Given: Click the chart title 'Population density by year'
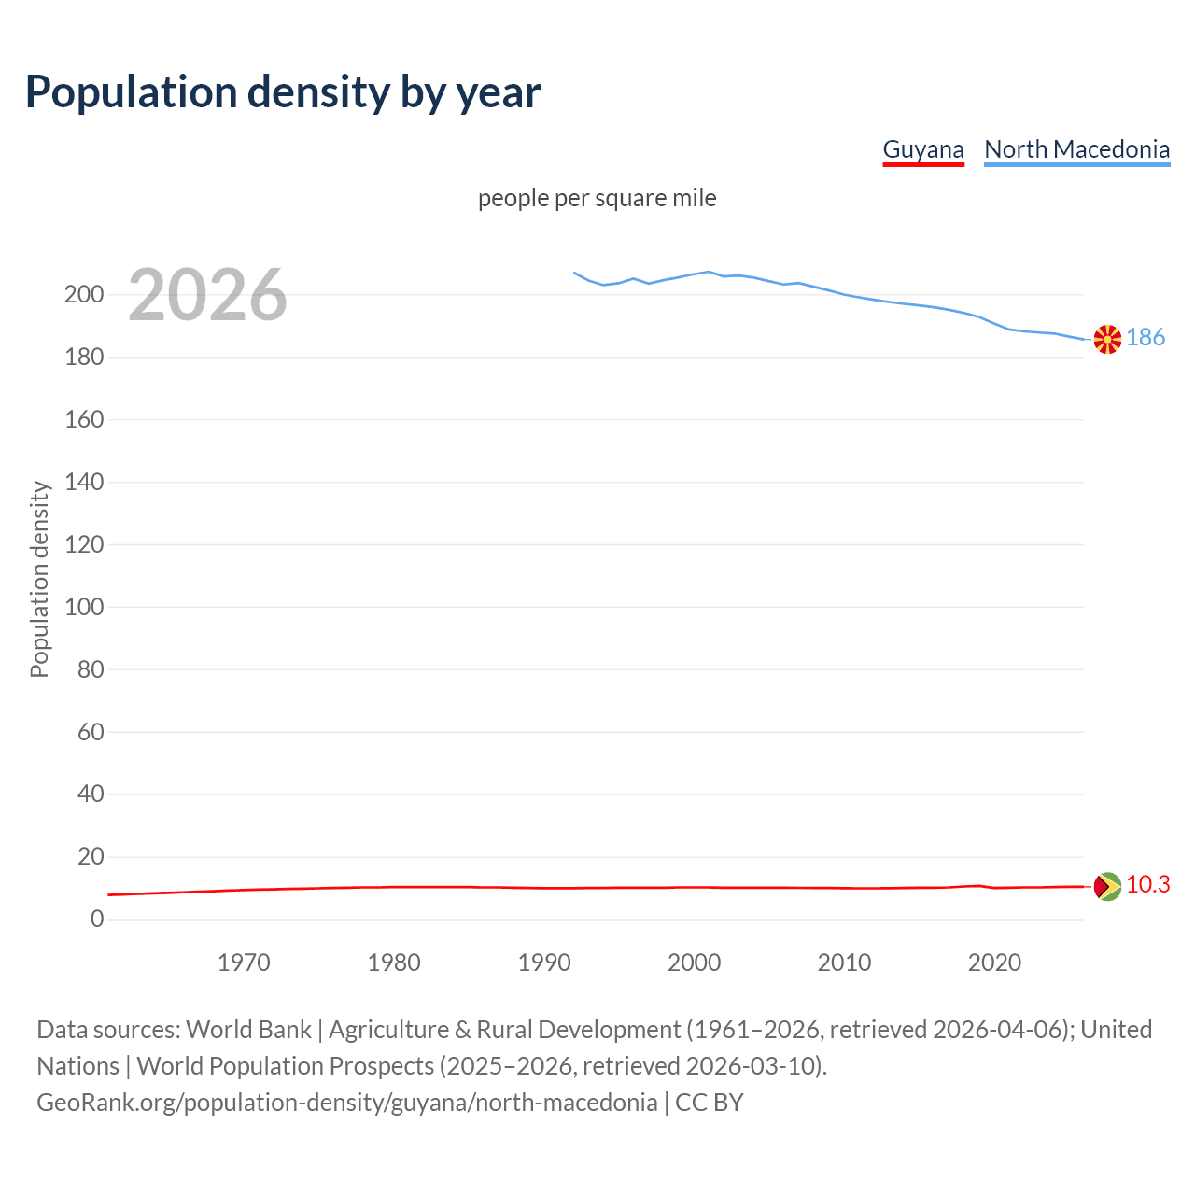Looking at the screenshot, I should [283, 92].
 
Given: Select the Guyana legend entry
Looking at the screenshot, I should [922, 149].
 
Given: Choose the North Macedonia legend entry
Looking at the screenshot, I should [1076, 149].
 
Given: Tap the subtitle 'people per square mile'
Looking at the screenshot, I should [597, 198].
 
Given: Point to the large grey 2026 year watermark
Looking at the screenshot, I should [207, 295].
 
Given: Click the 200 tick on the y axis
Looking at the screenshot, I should [84, 295].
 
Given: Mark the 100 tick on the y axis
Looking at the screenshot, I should [84, 607].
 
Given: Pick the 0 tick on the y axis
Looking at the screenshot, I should [97, 919].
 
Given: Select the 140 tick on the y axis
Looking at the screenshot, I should [84, 482].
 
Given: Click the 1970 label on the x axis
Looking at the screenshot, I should [244, 963].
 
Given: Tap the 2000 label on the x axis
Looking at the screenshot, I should [694, 963].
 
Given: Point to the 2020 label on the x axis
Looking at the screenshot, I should [994, 963].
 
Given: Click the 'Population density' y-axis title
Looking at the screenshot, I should [39, 579].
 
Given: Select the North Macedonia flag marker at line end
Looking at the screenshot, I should [1107, 339].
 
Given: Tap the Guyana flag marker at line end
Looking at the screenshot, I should [1107, 886].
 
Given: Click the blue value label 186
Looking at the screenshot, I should [1146, 337].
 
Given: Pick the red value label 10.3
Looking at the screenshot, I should [1147, 884].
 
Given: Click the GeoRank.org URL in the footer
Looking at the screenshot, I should [346, 1103].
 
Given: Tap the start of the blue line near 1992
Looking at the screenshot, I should [575, 274].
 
